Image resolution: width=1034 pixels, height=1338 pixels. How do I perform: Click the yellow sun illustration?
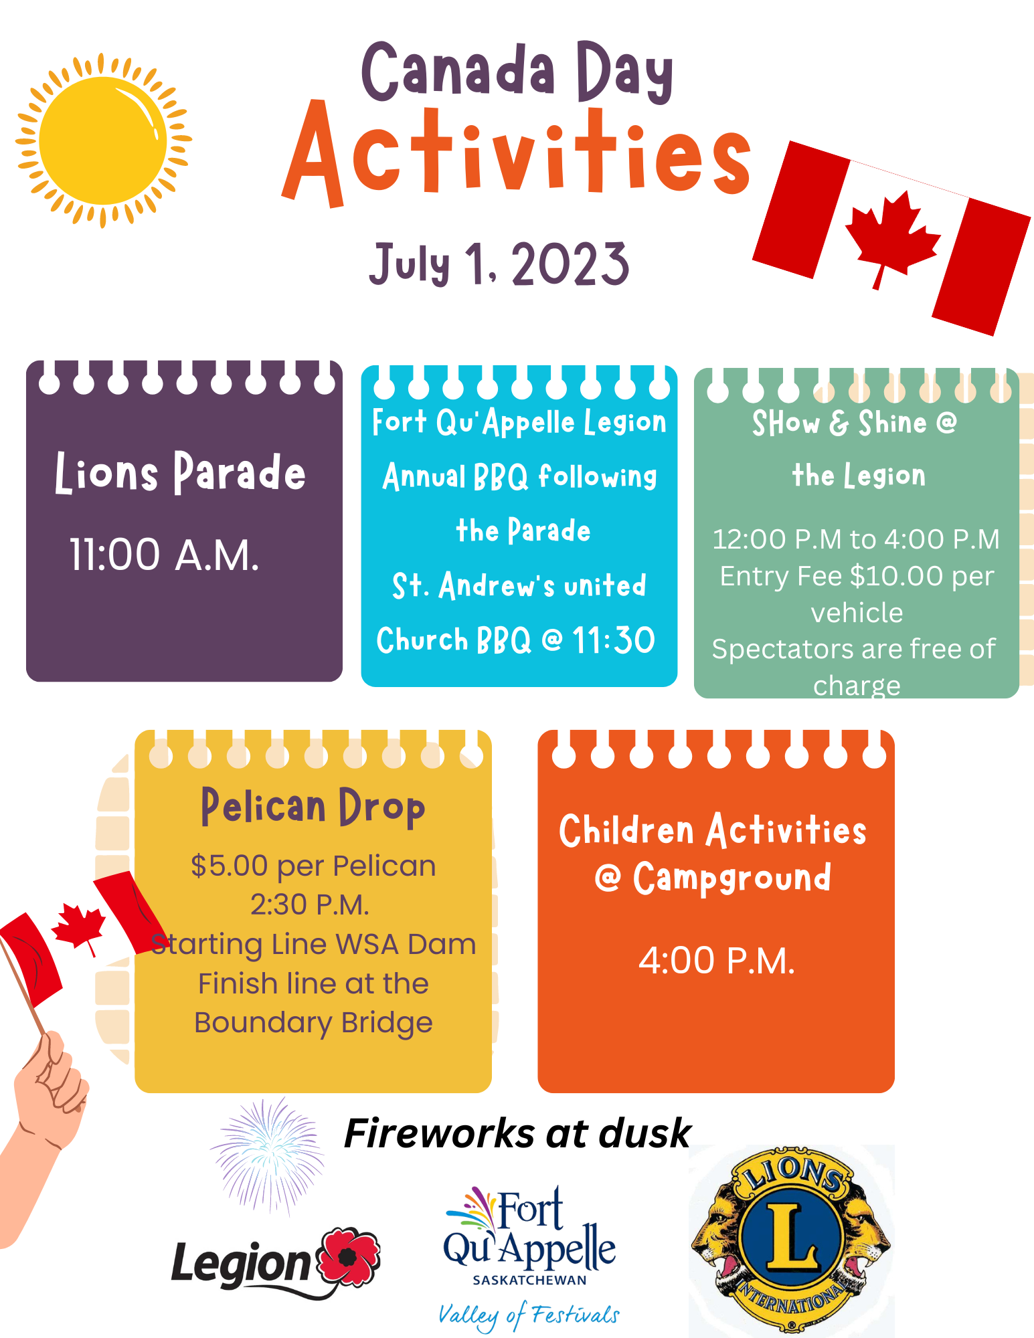[104, 140]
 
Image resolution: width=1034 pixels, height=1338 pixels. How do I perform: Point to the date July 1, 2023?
[499, 264]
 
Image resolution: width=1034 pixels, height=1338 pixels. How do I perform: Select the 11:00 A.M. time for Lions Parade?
[165, 555]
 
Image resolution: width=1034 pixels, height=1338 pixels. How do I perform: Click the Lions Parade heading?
[180, 472]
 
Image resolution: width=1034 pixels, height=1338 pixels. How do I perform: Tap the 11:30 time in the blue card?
[613, 640]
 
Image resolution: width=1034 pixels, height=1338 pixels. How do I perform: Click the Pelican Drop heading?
[313, 807]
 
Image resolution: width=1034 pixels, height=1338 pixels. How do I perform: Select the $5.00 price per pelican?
[230, 866]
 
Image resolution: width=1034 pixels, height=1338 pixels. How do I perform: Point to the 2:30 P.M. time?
[310, 904]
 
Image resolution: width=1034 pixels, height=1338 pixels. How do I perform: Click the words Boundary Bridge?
[313, 1023]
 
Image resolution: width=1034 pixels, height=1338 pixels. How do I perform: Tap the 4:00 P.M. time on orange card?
[717, 961]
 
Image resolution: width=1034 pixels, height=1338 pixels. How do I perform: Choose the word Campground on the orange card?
[732, 878]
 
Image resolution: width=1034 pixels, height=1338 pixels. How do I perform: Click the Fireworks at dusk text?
[517, 1133]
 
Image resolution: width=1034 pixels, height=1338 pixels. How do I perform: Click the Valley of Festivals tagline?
[529, 1316]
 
